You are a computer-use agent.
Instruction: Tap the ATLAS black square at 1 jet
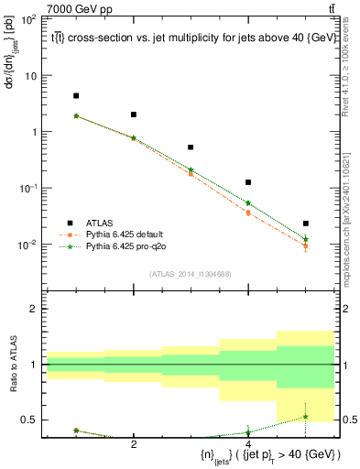tap(76, 95)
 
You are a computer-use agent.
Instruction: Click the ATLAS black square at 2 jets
tap(134, 115)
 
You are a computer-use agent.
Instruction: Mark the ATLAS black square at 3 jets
tap(191, 147)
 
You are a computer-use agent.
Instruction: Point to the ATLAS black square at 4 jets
tap(248, 182)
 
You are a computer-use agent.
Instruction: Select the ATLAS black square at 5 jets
tap(306, 224)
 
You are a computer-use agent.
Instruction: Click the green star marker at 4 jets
tap(248, 203)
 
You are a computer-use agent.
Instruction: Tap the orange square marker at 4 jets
tap(248, 213)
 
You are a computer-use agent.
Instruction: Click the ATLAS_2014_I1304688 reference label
tap(191, 274)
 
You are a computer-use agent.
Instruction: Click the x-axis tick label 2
tap(134, 444)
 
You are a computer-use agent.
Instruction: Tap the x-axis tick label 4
tap(248, 444)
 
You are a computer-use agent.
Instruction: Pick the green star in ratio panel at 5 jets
tap(306, 417)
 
